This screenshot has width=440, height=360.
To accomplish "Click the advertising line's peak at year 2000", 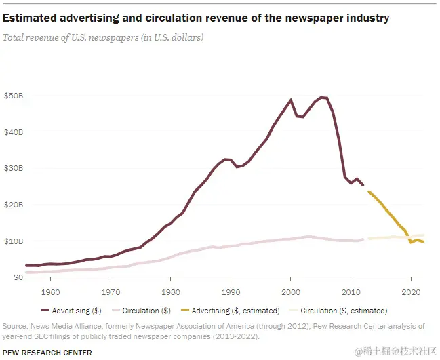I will tap(291, 100).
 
